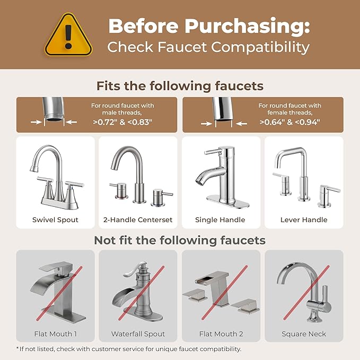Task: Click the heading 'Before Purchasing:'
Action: pos(209,25)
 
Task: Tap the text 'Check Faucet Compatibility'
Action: pos(208,47)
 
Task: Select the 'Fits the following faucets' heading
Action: pos(180,85)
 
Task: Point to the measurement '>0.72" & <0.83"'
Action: pos(122,122)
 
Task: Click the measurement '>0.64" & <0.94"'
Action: pos(289,122)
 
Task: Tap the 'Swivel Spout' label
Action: pos(55,219)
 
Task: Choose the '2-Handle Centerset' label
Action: pos(138,219)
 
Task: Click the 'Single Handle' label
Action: pos(220,219)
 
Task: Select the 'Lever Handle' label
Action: pos(304,219)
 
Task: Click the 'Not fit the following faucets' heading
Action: pos(180,240)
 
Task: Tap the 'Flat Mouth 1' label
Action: pos(56,334)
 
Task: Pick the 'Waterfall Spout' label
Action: pos(138,334)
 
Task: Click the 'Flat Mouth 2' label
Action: pos(221,334)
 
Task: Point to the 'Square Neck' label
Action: pos(304,334)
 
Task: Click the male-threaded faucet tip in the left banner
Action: pos(54,112)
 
